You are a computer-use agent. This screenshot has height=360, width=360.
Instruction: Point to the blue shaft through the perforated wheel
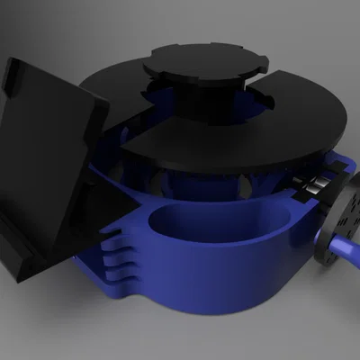click(x=346, y=247)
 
